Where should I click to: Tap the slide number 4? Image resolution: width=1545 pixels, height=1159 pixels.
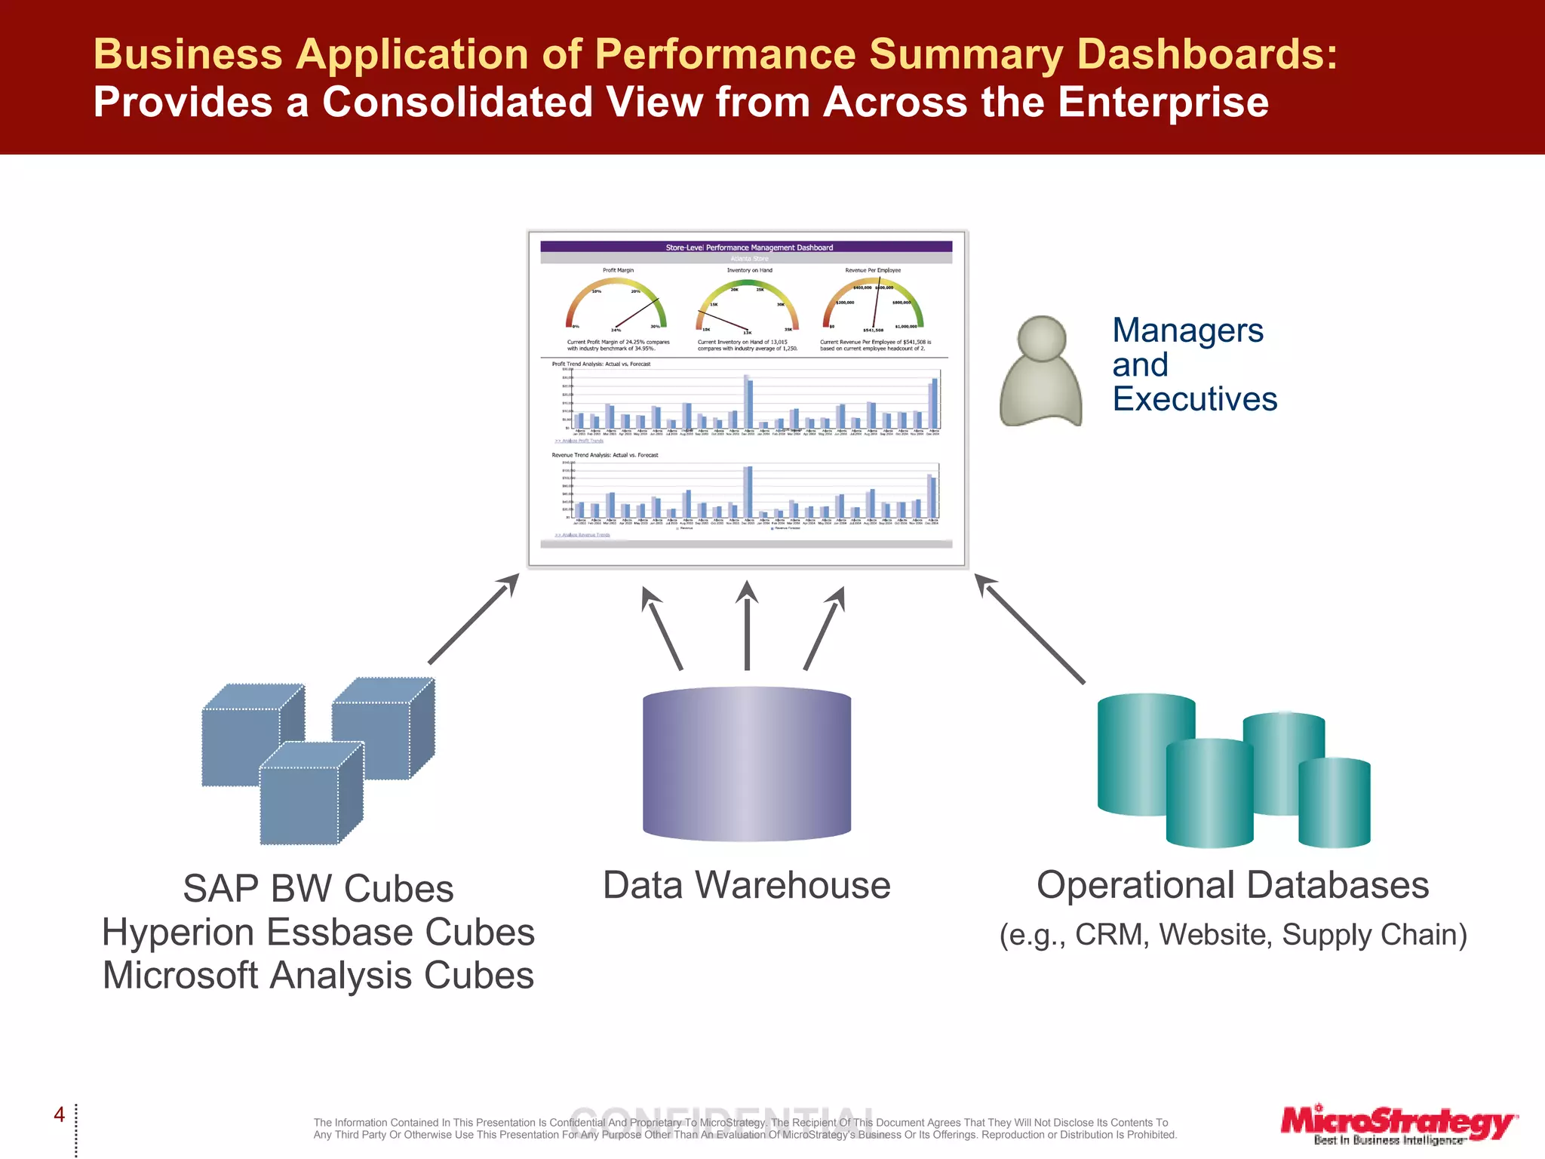click(x=60, y=1114)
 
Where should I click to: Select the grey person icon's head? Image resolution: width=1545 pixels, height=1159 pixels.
click(x=1042, y=338)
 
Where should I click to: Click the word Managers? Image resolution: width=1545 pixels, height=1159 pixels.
click(x=1187, y=330)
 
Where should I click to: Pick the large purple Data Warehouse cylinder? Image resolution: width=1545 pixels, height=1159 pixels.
click(x=747, y=764)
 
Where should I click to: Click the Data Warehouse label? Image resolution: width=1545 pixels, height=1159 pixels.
click(x=747, y=885)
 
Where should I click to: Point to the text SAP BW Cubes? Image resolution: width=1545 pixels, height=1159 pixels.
click(x=318, y=889)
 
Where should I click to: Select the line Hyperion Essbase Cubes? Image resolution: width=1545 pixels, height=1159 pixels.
click(x=318, y=933)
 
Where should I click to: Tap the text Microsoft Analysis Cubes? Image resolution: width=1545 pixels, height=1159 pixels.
click(x=318, y=976)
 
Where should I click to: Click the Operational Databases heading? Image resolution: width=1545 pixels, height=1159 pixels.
click(x=1233, y=885)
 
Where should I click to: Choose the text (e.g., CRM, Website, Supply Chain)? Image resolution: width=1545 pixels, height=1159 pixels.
click(x=1233, y=935)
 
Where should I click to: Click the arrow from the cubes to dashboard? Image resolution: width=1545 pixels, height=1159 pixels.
click(x=474, y=618)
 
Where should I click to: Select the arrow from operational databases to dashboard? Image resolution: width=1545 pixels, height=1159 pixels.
click(x=1030, y=629)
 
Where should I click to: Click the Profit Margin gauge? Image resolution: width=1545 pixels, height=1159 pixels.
click(x=617, y=305)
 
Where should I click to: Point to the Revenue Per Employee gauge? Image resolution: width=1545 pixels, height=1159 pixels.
click(x=873, y=305)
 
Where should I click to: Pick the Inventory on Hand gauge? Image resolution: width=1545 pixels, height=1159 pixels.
click(x=747, y=305)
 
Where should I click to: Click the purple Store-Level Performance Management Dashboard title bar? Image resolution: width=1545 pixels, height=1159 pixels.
click(x=747, y=247)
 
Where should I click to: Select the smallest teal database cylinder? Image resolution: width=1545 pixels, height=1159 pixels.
click(x=1334, y=803)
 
